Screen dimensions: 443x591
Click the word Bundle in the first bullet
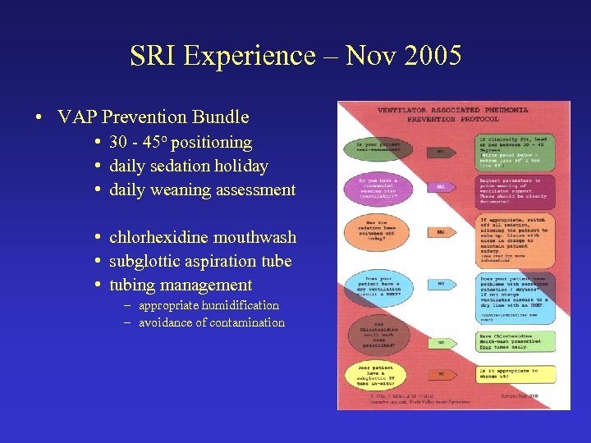click(x=221, y=116)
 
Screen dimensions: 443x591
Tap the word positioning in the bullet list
click(x=211, y=142)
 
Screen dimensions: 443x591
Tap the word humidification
click(x=240, y=305)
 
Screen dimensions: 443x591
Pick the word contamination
click(x=244, y=322)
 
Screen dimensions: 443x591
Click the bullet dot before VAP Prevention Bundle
click(x=39, y=117)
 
